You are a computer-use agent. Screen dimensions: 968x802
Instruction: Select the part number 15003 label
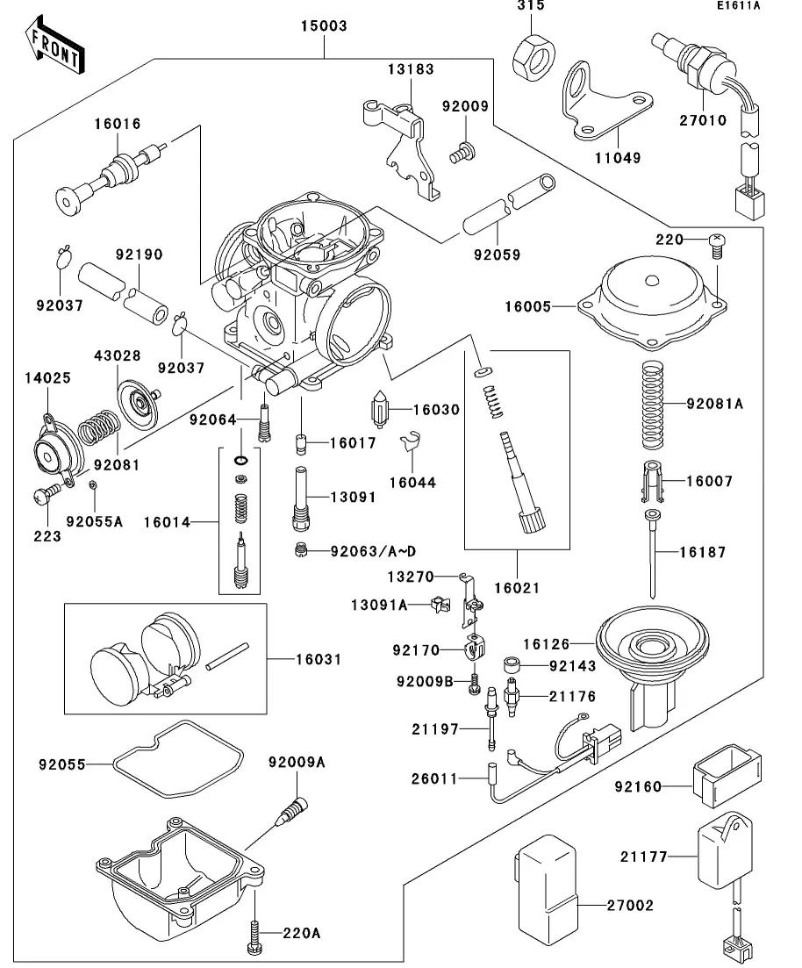click(x=325, y=26)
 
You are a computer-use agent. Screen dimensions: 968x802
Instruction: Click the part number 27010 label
click(x=703, y=120)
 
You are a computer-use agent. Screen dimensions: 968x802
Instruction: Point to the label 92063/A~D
click(x=373, y=552)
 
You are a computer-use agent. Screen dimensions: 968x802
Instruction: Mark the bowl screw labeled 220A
click(x=254, y=933)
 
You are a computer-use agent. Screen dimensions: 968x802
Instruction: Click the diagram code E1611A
click(x=737, y=7)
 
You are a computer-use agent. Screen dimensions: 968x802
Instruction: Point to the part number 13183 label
click(x=412, y=68)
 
